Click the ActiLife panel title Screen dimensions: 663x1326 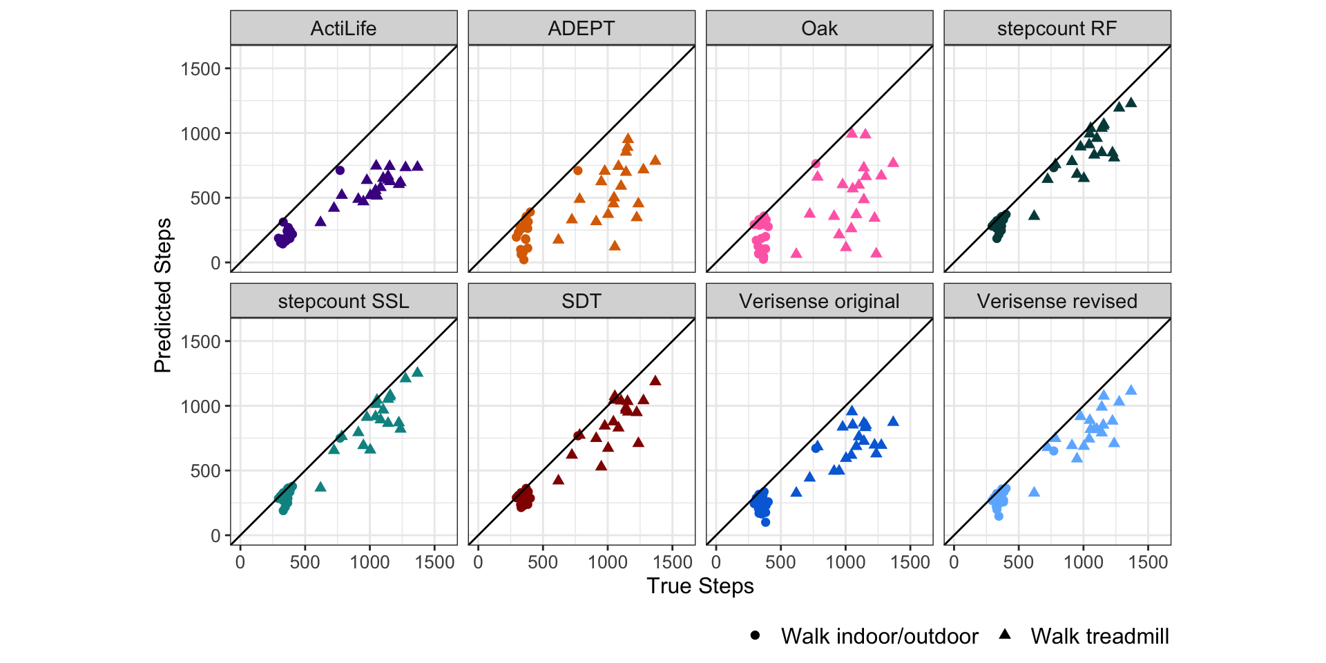pos(343,28)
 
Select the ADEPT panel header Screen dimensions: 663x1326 pos(581,28)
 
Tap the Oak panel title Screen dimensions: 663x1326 pos(819,28)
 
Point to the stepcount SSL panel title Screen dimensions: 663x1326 pos(343,301)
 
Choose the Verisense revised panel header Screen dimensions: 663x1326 pos(1057,301)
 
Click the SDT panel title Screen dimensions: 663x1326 pos(581,301)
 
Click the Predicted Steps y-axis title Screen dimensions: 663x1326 pos(163,296)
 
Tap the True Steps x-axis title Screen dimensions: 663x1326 pos(700,586)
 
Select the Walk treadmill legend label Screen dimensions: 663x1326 pos(1099,636)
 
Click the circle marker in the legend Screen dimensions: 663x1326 pos(755,635)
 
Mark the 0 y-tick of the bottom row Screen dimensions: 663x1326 pos(215,535)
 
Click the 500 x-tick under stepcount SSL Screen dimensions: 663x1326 pos(305,562)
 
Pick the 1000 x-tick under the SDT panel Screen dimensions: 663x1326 pos(607,562)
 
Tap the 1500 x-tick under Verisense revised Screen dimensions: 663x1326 pos(1148,562)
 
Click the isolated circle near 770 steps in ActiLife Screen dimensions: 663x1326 pos(340,170)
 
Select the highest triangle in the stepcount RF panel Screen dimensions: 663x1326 pos(1131,103)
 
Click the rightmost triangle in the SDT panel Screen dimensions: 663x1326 pos(655,381)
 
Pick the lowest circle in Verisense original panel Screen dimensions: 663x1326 pos(765,522)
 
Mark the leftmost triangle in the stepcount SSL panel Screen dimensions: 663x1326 pos(320,487)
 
